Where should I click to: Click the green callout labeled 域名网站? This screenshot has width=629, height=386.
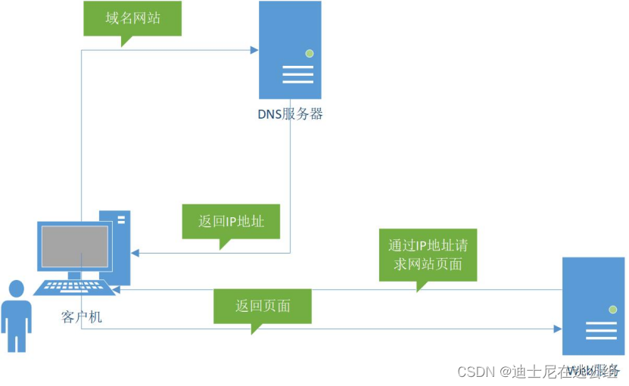tap(132, 18)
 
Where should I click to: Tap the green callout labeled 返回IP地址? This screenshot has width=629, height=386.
tap(230, 222)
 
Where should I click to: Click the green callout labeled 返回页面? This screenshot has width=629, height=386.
tap(263, 307)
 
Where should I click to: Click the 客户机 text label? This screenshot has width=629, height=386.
tap(81, 317)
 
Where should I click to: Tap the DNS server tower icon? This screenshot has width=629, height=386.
tap(290, 50)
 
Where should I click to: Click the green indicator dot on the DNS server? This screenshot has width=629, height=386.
tap(309, 53)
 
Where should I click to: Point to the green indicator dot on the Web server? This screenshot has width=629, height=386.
tap(612, 310)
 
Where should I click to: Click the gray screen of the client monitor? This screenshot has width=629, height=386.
tap(75, 246)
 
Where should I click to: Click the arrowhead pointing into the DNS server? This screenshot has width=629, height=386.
tap(254, 51)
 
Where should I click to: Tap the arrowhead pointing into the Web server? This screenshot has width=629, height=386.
tap(557, 329)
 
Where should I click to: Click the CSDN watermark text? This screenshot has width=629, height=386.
tap(475, 372)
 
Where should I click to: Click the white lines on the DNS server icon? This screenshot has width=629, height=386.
tap(298, 75)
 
